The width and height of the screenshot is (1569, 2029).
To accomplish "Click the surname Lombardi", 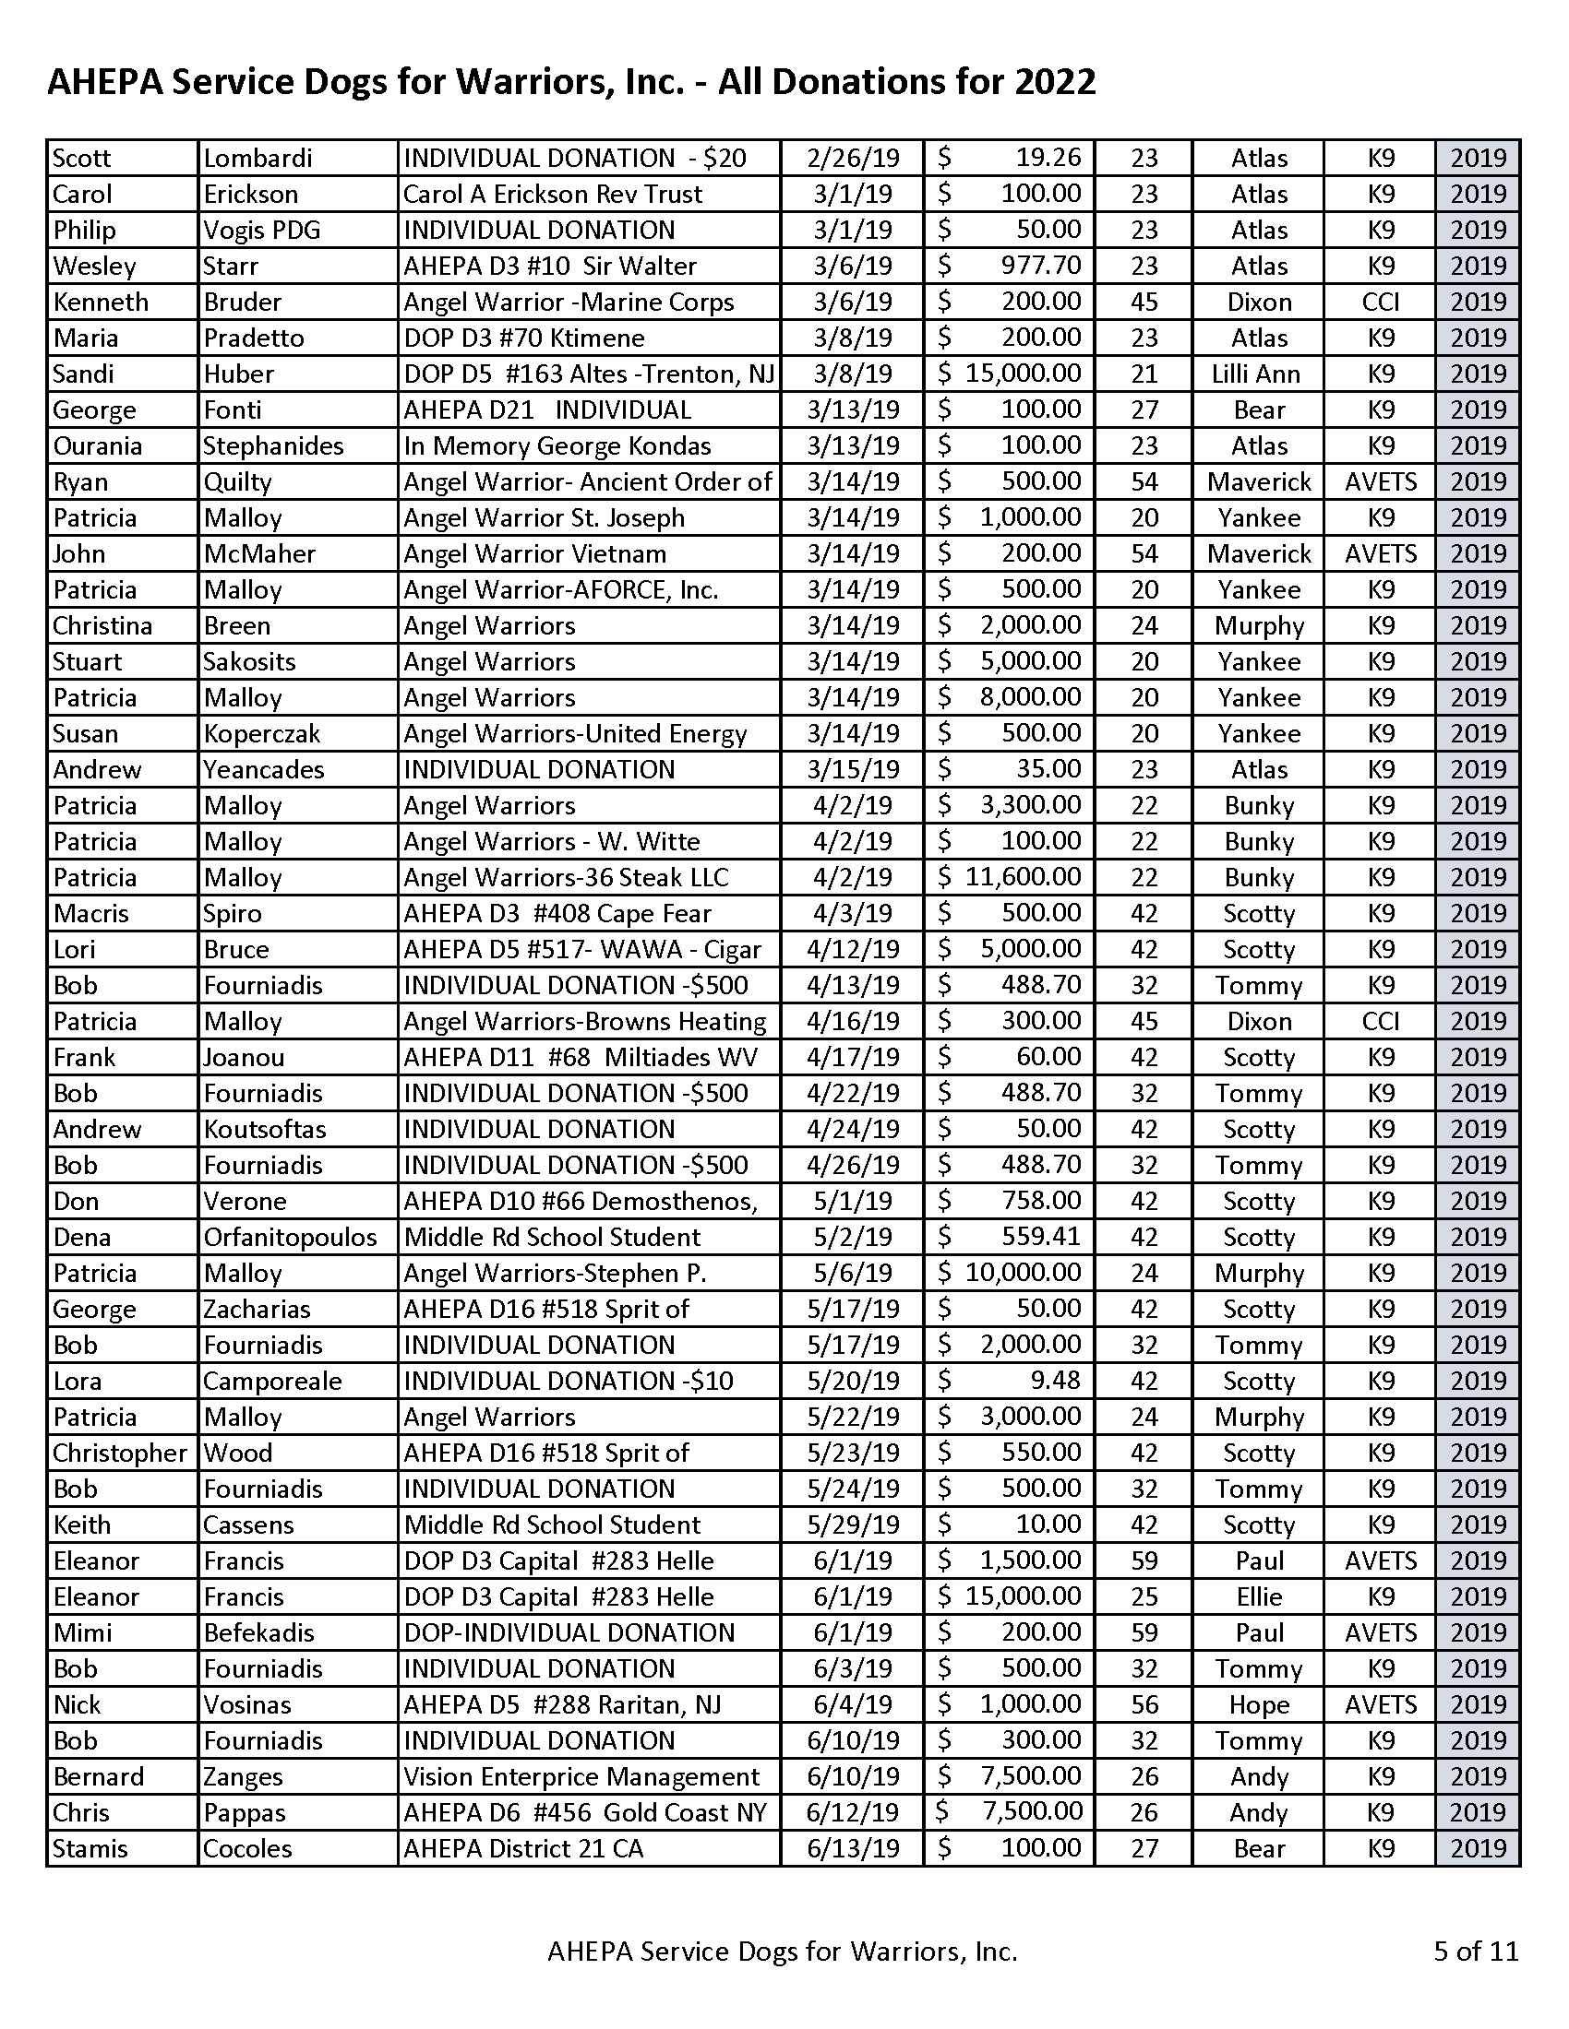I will pos(258,158).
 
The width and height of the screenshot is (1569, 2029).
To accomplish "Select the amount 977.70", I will pos(1040,266).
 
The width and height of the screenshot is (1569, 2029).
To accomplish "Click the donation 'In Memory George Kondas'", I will pos(557,446).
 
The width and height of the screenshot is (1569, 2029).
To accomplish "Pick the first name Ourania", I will pos(98,446).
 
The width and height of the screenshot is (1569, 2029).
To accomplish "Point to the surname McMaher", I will pos(259,553).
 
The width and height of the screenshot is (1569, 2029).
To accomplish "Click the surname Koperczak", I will pos(261,734).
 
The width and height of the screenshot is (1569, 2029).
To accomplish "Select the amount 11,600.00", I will pos(1023,877).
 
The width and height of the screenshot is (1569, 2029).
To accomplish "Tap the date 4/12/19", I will pos(853,949).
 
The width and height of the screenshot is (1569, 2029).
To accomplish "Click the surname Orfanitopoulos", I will pos(290,1238).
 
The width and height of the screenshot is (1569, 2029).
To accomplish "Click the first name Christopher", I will pos(120,1453).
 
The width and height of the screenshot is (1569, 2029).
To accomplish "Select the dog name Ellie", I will pos(1259,1597).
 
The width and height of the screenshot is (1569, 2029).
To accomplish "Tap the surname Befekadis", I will pos(258,1633).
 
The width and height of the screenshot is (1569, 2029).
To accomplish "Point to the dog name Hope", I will pos(1259,1704).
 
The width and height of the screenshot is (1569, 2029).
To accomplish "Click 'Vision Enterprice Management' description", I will pos(581,1777).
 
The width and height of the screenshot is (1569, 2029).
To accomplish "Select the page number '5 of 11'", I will pos(1475,1950).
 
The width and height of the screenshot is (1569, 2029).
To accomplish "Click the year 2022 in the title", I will pos(1054,82).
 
